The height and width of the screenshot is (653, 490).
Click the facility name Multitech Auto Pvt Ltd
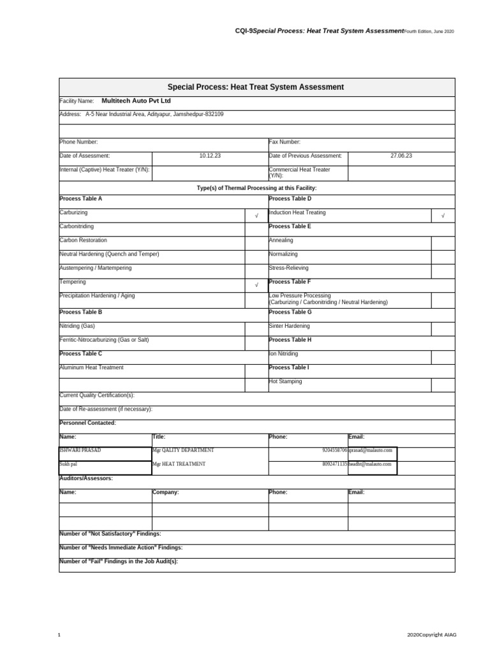tap(136, 101)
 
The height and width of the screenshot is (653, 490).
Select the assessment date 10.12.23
tap(210, 156)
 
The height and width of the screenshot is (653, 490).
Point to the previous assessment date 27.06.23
tap(401, 156)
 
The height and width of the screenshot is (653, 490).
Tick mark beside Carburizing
tap(256, 216)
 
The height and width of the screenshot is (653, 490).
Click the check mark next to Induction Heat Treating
tap(443, 216)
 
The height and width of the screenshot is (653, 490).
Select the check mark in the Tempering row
tap(256, 285)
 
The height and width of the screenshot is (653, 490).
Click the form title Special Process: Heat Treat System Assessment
tap(255, 87)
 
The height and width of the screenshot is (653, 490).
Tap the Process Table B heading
tap(80, 312)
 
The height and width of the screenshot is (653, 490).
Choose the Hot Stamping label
tap(285, 381)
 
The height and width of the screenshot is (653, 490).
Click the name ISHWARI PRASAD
tap(80, 450)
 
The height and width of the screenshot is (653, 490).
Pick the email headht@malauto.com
tap(372, 464)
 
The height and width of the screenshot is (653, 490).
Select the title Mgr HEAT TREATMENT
tap(179, 464)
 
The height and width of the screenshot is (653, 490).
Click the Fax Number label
tap(285, 142)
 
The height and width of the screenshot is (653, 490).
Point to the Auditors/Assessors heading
tap(86, 478)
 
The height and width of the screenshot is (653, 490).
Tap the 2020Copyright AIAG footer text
tap(432, 635)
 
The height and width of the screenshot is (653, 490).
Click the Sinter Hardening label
tap(289, 326)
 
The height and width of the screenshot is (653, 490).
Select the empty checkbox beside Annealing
tap(443, 242)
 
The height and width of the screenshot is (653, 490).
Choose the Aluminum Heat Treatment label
tap(91, 367)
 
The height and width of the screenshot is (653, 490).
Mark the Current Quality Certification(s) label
tap(97, 395)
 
